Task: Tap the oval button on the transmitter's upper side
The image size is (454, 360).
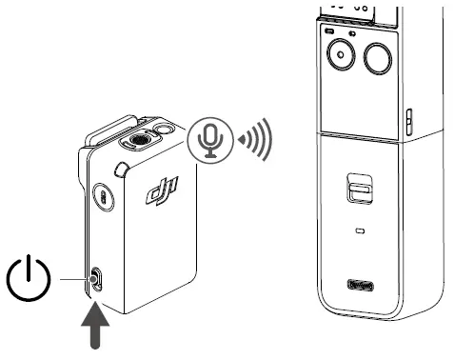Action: (x=102, y=198)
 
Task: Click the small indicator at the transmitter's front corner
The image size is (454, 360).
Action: (x=122, y=170)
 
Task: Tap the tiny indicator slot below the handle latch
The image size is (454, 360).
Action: (x=359, y=230)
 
